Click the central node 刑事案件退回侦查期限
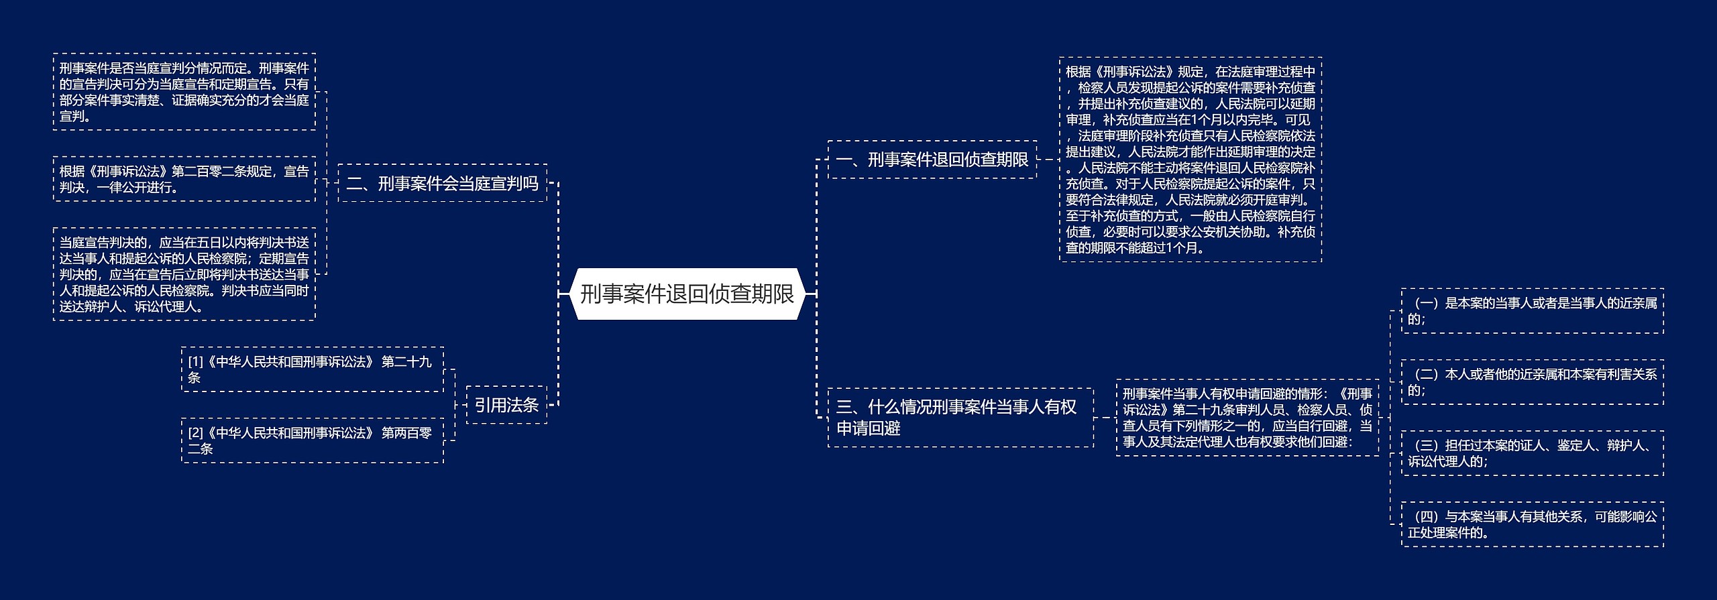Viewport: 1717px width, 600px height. [687, 294]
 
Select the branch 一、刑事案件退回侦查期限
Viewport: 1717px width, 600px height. [932, 160]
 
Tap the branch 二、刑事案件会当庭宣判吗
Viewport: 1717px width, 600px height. [442, 183]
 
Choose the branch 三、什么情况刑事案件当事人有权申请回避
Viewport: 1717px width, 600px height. [960, 417]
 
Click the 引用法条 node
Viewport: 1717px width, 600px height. [506, 405]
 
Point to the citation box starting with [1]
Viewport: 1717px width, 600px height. [312, 369]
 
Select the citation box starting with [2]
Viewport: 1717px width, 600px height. [312, 440]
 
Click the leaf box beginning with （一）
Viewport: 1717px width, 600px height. [1532, 311]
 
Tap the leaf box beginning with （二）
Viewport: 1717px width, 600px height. [1532, 382]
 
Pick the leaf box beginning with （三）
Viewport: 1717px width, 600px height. [1532, 453]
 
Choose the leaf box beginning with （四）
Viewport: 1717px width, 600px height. [1532, 524]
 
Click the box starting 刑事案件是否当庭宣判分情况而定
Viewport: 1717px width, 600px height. [184, 92]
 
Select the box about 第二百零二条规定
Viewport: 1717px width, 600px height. [184, 179]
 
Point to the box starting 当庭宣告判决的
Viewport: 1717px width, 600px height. [184, 274]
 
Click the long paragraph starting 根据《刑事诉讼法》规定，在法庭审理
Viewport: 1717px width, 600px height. [1190, 160]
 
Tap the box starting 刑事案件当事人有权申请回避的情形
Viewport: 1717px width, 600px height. [1247, 417]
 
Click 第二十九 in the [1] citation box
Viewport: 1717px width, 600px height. [406, 362]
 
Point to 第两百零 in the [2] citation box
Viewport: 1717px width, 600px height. [406, 433]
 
